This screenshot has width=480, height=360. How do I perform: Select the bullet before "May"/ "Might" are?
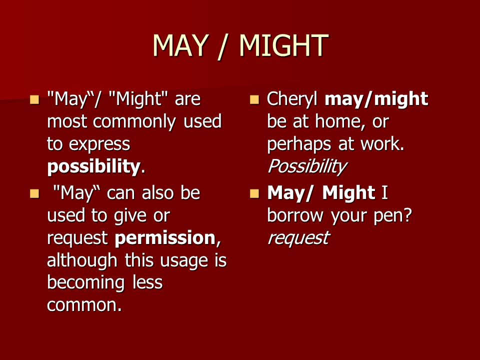click(x=34, y=100)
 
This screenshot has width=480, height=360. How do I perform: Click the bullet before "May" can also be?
click(x=34, y=194)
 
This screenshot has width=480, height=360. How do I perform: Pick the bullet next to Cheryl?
click(x=254, y=100)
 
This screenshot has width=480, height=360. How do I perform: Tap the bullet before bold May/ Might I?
click(x=254, y=194)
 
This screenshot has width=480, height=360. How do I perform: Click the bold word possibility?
click(x=93, y=167)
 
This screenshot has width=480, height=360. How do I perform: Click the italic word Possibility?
click(x=307, y=167)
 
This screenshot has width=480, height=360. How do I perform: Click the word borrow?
click(x=295, y=216)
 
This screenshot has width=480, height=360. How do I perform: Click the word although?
click(x=82, y=261)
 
